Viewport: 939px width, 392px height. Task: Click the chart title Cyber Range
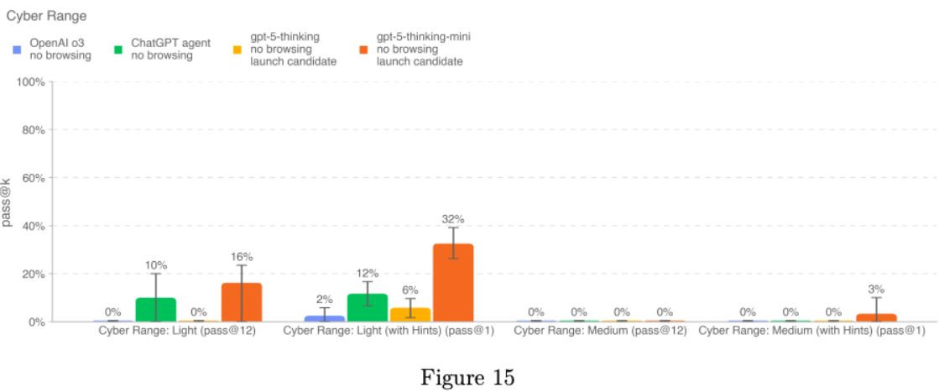(47, 15)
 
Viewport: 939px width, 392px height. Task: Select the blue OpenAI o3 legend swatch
(17, 50)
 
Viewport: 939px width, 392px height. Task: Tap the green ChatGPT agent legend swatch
(118, 50)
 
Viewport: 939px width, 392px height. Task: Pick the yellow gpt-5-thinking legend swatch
(237, 50)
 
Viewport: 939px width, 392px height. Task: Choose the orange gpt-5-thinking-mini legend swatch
(363, 50)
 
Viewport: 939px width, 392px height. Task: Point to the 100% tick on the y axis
(31, 82)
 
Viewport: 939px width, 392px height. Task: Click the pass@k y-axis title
(8, 202)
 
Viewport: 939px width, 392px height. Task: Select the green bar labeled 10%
(155, 310)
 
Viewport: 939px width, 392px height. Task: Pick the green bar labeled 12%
(368, 307)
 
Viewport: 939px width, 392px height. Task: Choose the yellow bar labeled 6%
(410, 314)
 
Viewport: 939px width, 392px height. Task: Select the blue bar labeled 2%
(325, 318)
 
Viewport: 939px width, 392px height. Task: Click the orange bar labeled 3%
(876, 317)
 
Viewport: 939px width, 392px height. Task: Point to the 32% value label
(453, 219)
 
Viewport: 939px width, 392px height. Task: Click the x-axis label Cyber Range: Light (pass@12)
(177, 331)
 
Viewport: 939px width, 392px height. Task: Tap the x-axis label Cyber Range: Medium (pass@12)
(600, 331)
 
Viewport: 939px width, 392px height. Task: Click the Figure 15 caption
(467, 377)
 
